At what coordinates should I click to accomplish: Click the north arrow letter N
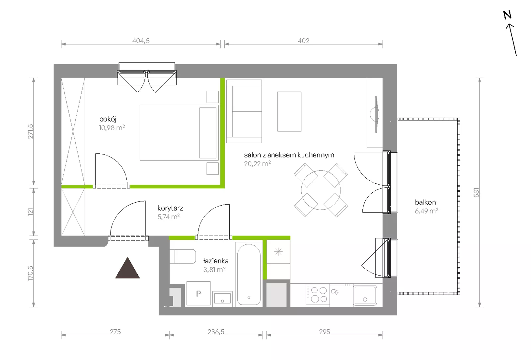[x=507, y=15]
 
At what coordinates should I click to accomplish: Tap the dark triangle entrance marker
[x=127, y=268]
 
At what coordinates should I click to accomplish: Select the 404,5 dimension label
[x=141, y=41]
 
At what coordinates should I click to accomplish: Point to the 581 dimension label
[x=476, y=192]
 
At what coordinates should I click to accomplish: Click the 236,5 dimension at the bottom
[x=216, y=331]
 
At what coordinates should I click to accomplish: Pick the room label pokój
[x=108, y=119]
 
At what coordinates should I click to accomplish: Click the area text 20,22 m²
[x=258, y=164]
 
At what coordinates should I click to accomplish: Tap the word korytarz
[x=170, y=208]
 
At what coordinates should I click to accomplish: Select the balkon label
[x=425, y=202]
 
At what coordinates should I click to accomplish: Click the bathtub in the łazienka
[x=249, y=274]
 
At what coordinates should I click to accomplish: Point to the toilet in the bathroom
[x=183, y=256]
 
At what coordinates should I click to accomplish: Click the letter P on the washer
[x=198, y=294]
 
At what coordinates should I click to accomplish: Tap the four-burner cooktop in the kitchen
[x=318, y=295]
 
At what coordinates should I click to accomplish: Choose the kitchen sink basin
[x=365, y=295]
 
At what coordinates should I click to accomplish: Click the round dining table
[x=321, y=190]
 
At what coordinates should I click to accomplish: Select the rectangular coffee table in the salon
[x=289, y=112]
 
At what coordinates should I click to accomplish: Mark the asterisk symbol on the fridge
[x=278, y=252]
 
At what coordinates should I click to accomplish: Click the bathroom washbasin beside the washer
[x=222, y=298]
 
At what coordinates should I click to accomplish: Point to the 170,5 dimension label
[x=31, y=273]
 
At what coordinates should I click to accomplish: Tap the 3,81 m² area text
[x=214, y=270]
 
